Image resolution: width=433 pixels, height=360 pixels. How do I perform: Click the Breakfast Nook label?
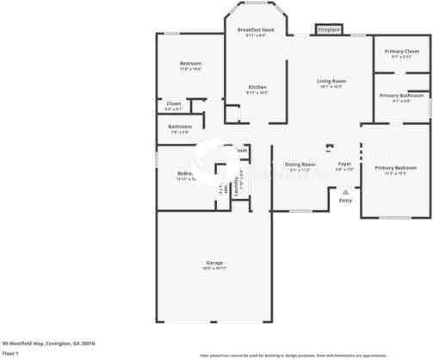256,29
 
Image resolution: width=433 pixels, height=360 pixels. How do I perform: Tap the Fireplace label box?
329,29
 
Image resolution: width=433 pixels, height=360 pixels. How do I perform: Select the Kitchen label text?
257,87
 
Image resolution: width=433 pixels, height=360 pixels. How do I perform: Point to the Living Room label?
331,81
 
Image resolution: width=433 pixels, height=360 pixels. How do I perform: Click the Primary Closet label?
402,52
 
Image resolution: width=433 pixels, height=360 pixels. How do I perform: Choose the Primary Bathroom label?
401,96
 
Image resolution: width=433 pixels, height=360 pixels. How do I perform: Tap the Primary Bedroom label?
395,167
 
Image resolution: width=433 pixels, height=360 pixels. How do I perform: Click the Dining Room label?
300,164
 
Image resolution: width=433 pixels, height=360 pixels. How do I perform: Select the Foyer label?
343,164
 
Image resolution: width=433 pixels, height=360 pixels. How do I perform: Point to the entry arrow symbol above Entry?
345,191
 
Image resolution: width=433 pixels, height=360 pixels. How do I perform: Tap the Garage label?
214,263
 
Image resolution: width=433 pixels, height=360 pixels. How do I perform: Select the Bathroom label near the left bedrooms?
180,127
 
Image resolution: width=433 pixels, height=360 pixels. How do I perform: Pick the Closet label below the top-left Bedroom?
173,104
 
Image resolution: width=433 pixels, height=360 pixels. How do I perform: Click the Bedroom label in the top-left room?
190,64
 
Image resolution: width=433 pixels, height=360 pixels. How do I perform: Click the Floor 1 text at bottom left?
10,353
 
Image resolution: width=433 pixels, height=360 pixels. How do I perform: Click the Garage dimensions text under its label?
214,269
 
